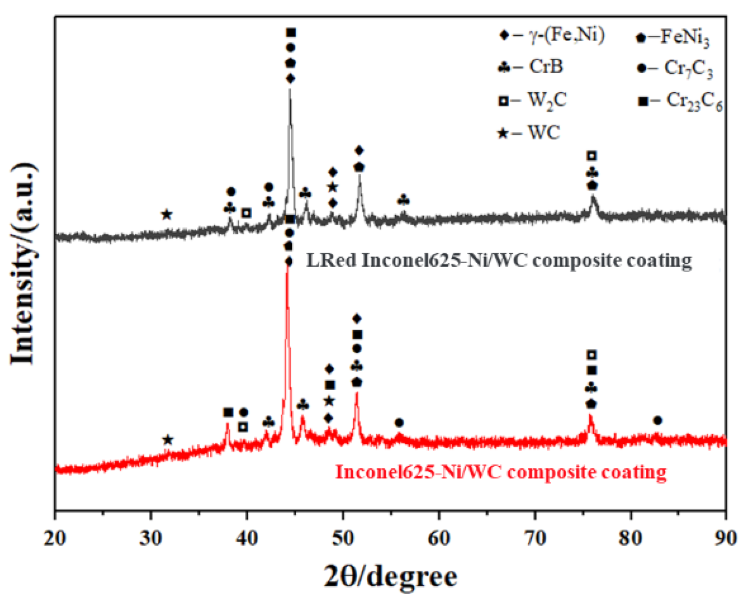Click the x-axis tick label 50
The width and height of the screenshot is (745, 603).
click(x=343, y=539)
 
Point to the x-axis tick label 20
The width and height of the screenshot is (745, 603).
click(x=55, y=539)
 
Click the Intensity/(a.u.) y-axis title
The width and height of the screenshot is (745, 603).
click(x=24, y=264)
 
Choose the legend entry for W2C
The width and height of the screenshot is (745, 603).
click(x=532, y=100)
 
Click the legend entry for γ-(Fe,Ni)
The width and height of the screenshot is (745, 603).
click(x=552, y=36)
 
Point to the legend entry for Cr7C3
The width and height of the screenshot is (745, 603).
click(x=675, y=69)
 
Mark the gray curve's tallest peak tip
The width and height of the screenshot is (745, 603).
click(x=290, y=90)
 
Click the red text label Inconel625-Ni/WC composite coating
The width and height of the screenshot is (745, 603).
click(x=501, y=472)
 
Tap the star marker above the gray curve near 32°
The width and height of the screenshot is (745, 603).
click(x=167, y=214)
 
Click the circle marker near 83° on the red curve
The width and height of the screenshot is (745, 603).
click(x=657, y=420)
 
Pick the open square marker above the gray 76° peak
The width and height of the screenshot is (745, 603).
click(x=592, y=156)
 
